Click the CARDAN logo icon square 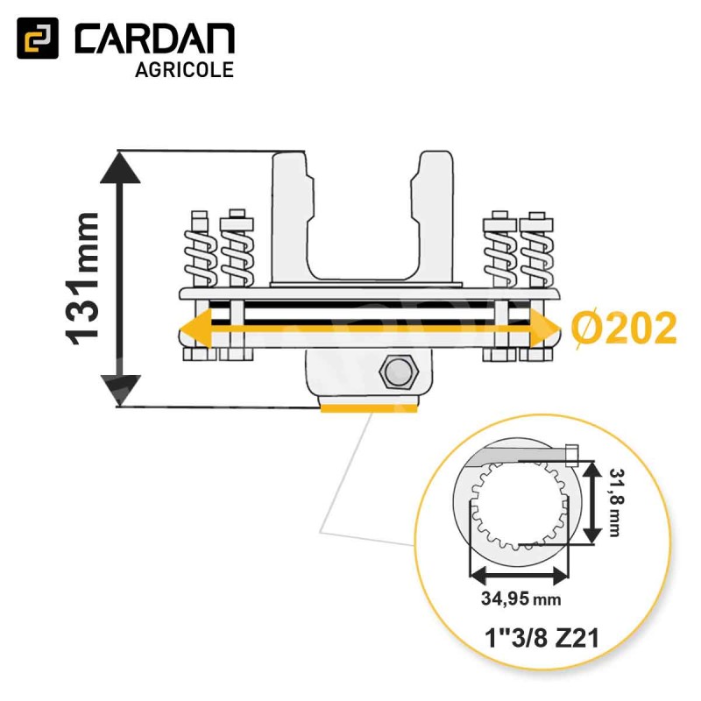pyautogui.click(x=38, y=38)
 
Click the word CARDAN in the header pyautogui.click(x=155, y=39)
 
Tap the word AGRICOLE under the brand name pyautogui.click(x=184, y=70)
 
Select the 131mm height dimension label pyautogui.click(x=82, y=280)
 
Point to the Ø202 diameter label pyautogui.click(x=624, y=329)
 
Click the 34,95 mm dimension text pyautogui.click(x=520, y=598)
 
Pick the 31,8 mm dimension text pyautogui.click(x=617, y=502)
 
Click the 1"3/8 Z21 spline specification pyautogui.click(x=542, y=639)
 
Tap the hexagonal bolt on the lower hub pyautogui.click(x=399, y=372)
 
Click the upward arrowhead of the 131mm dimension pyautogui.click(x=120, y=167)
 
